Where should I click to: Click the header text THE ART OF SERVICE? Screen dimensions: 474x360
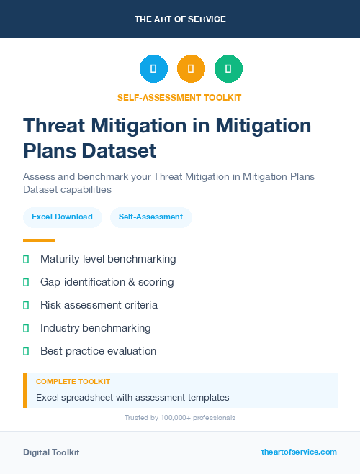pyautogui.click(x=180, y=19)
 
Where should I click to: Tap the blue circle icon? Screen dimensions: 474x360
pyautogui.click(x=153, y=69)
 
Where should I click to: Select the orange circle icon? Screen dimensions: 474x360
pyautogui.click(x=191, y=69)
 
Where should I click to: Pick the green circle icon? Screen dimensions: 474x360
pyautogui.click(x=228, y=69)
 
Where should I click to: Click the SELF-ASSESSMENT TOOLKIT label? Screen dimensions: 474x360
pyautogui.click(x=180, y=97)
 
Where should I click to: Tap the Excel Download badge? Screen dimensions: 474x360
pyautogui.click(x=62, y=217)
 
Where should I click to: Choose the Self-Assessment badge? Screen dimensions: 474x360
pyautogui.click(x=150, y=217)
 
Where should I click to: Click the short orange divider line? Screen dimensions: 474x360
pyautogui.click(x=39, y=240)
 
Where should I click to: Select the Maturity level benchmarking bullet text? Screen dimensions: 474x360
pyautogui.click(x=108, y=259)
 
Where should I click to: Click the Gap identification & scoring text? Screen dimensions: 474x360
pyautogui.click(x=107, y=282)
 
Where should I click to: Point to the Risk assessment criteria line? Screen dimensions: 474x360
pyautogui.click(x=99, y=305)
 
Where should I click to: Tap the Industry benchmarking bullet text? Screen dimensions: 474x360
pyautogui.click(x=95, y=328)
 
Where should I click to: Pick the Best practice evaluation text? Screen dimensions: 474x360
pyautogui.click(x=98, y=351)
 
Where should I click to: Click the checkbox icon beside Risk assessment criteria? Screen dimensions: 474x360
pyautogui.click(x=26, y=305)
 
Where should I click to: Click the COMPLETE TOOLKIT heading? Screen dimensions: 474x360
pyautogui.click(x=73, y=381)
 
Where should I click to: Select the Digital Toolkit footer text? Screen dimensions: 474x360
pyautogui.click(x=51, y=452)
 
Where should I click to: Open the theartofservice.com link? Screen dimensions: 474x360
pyautogui.click(x=299, y=452)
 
